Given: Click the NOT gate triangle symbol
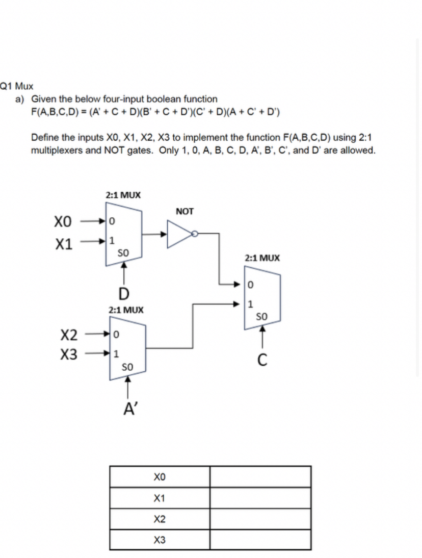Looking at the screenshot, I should (179, 234).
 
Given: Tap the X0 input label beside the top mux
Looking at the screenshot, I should (66, 222).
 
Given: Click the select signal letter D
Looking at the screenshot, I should (122, 293).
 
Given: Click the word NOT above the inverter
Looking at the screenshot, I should (184, 211).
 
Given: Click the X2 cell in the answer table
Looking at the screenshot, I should (160, 519).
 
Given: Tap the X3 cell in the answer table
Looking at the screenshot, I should (160, 540).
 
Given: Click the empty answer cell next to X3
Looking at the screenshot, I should (260, 540).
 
